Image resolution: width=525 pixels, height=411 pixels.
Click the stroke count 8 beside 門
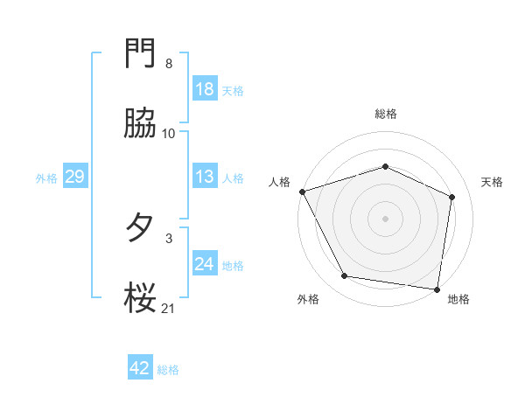tap(169, 64)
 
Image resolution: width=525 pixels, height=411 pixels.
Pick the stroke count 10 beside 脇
tap(169, 133)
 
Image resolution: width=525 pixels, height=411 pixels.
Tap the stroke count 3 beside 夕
tap(169, 236)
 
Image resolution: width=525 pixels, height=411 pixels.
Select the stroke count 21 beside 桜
tap(169, 306)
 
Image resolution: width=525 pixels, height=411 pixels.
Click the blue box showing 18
tap(205, 88)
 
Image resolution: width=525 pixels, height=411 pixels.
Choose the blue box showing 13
tap(205, 177)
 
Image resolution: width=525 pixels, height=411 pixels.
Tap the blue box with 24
tap(205, 264)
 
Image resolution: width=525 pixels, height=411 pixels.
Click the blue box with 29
tap(74, 177)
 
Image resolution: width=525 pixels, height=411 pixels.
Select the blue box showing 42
tap(140, 368)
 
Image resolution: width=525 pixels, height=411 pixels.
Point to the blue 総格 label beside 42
tap(168, 370)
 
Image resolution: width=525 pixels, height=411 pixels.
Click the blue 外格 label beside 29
tap(46, 178)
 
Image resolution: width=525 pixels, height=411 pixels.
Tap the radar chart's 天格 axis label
tap(493, 182)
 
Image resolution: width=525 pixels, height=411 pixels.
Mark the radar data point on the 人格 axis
tap(302, 192)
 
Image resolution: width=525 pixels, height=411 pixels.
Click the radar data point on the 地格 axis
tap(437, 288)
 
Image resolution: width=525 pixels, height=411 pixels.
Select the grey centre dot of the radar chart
tap(386, 218)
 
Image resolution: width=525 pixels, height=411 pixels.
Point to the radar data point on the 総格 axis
tap(386, 166)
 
